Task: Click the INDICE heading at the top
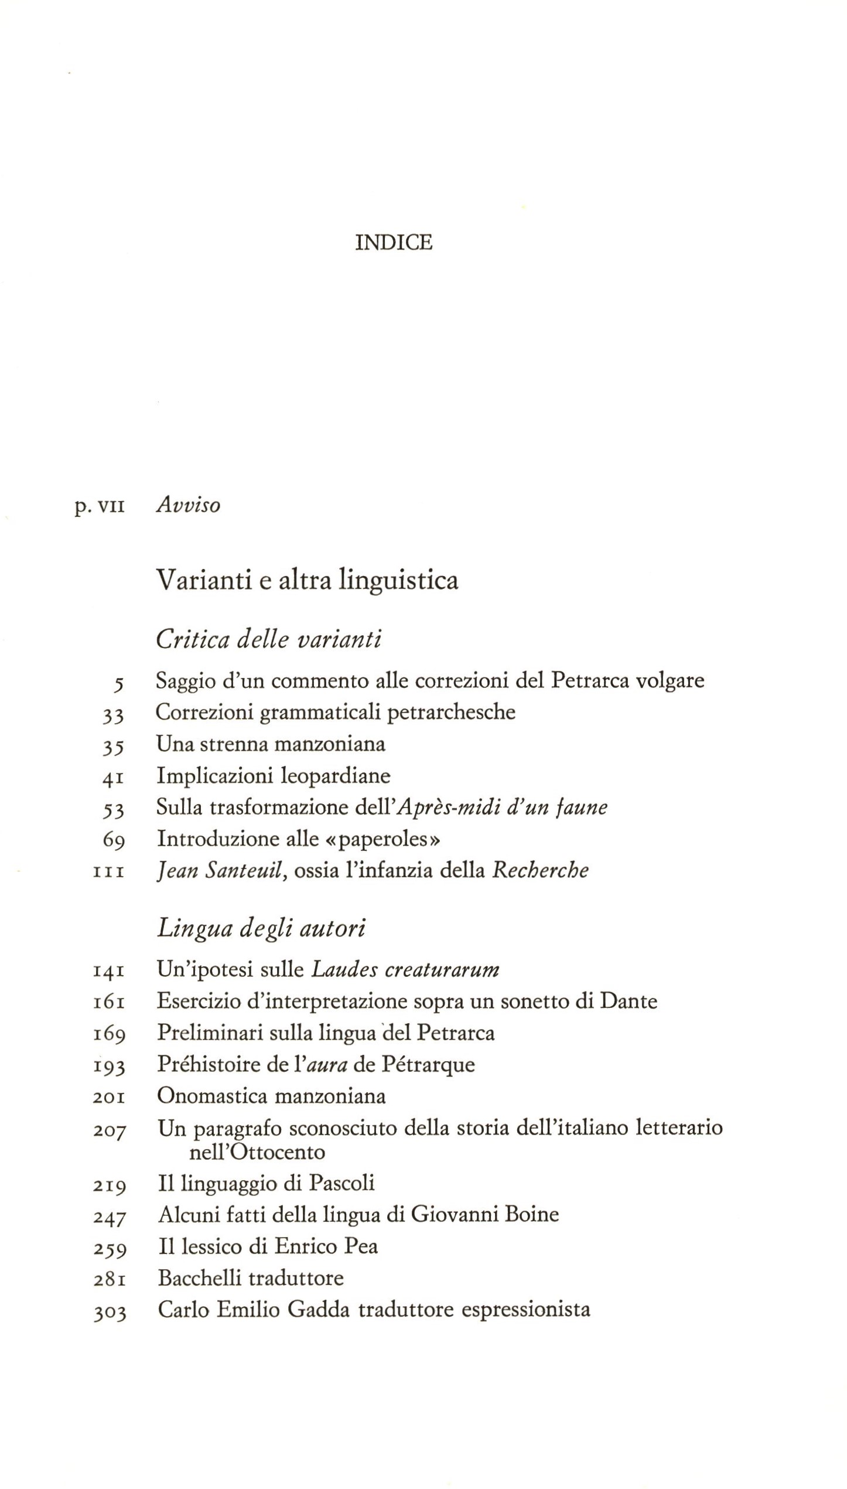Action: click(x=394, y=242)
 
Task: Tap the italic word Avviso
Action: click(x=188, y=505)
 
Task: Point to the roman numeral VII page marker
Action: click(x=111, y=506)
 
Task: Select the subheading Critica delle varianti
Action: click(x=269, y=639)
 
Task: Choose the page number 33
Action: click(x=112, y=714)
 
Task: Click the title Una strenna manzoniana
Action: click(x=271, y=744)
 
